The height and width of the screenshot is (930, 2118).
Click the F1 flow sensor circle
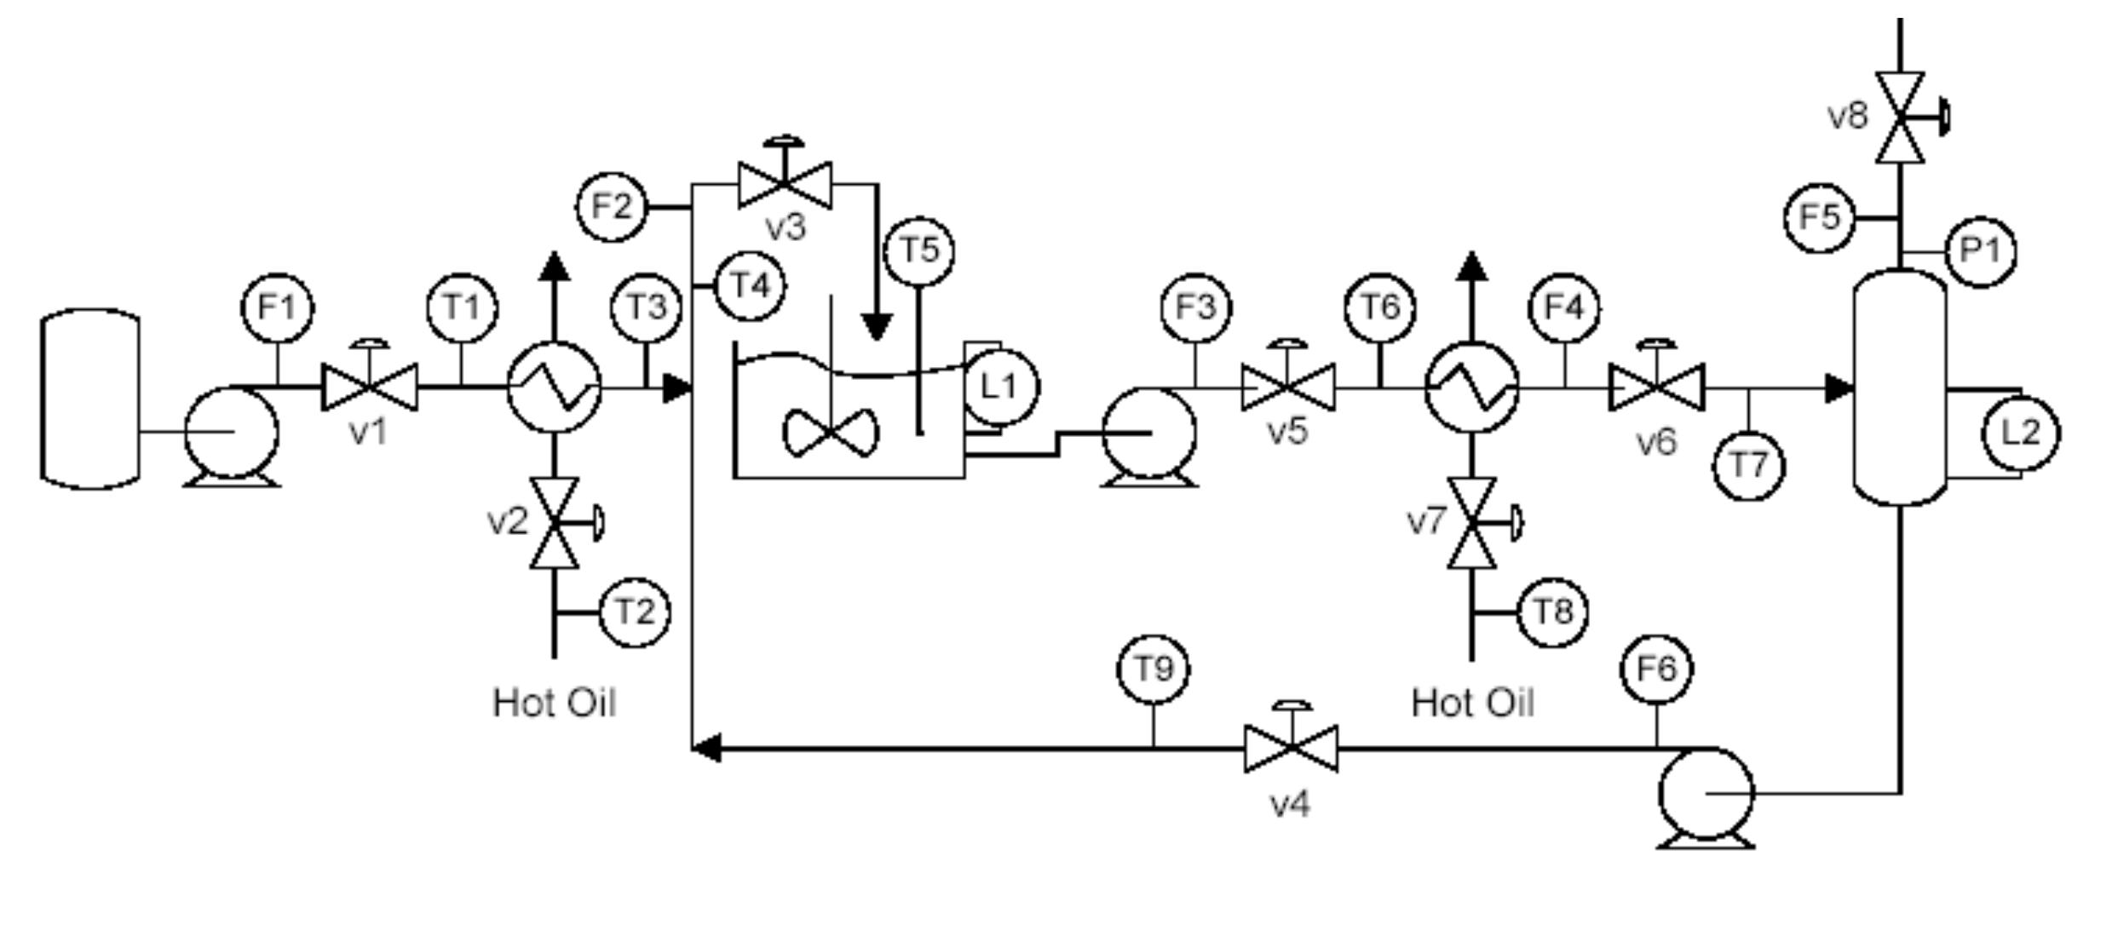click(278, 307)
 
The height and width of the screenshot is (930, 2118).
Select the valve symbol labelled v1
click(369, 387)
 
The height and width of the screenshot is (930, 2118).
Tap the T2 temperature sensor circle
click(635, 612)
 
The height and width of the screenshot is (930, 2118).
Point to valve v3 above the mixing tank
click(785, 184)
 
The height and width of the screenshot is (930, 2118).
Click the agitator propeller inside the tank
click(830, 433)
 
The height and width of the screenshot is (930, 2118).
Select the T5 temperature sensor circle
click(919, 251)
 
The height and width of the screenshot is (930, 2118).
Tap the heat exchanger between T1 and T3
click(554, 387)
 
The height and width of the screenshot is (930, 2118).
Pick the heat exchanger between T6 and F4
click(1471, 387)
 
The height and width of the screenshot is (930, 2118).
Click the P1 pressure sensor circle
click(1980, 252)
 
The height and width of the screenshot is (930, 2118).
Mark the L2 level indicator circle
click(2021, 433)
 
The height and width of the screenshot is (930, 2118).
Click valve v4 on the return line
click(1291, 748)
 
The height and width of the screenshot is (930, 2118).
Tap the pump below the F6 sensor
click(1706, 795)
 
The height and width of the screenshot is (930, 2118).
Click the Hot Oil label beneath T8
click(1472, 703)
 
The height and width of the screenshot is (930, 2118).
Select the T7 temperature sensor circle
click(1749, 466)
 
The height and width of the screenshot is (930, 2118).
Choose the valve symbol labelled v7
click(1472, 521)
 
